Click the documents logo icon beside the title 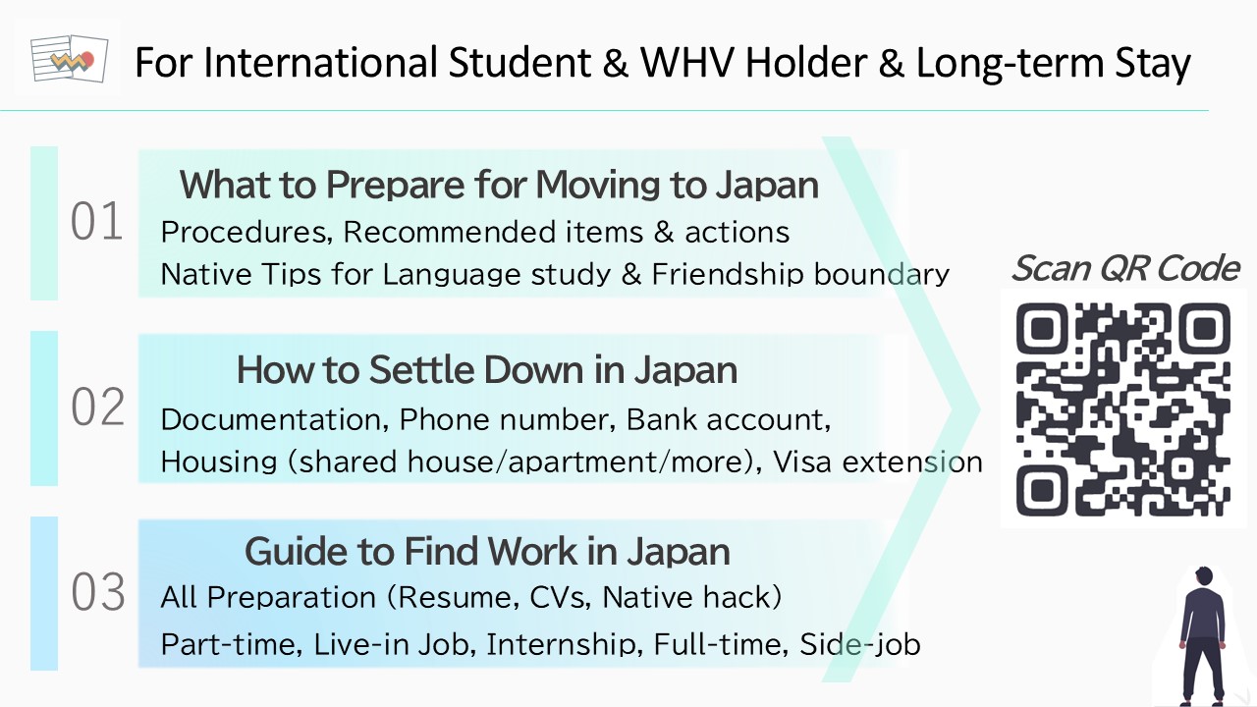click(70, 58)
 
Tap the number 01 click(96, 222)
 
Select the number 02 click(97, 407)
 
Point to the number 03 click(97, 592)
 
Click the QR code click(1122, 409)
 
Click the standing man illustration click(1202, 635)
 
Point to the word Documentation click(275, 419)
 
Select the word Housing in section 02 click(219, 462)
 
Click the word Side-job click(859, 644)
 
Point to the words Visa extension click(878, 462)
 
